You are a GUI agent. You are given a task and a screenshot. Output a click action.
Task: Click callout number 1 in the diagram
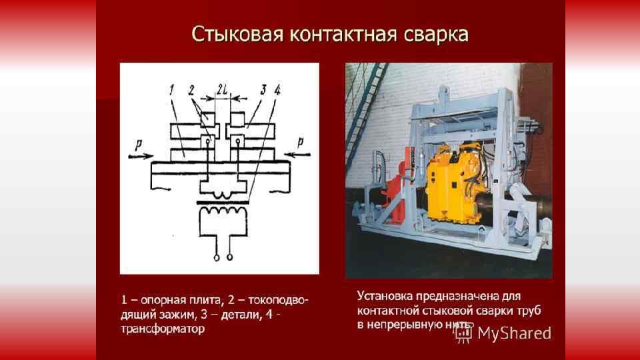click(x=171, y=89)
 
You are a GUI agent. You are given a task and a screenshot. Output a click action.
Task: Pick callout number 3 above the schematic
click(x=255, y=89)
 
